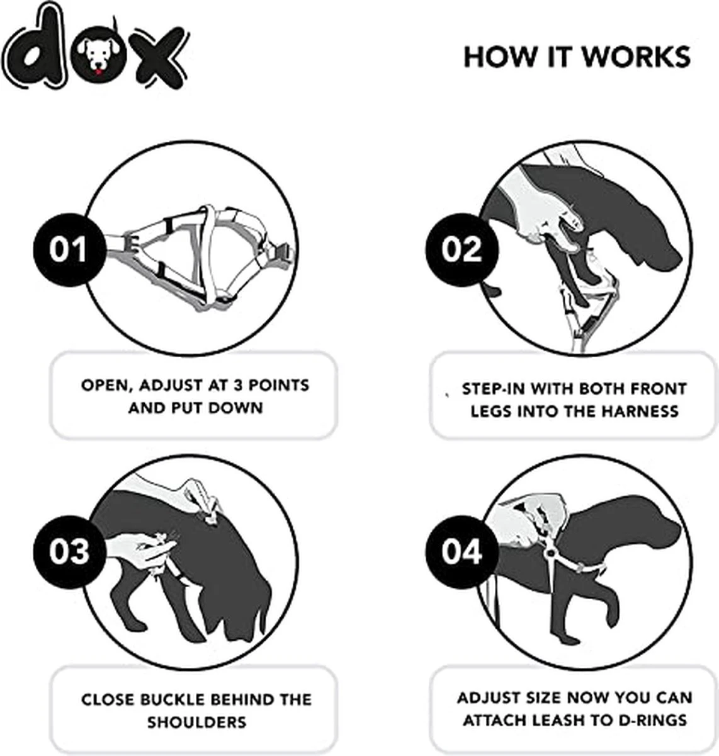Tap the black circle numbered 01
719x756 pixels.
pos(68,249)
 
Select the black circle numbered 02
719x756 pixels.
pos(461,249)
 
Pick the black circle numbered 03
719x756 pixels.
pos(68,551)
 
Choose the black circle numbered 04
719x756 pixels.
pos(461,551)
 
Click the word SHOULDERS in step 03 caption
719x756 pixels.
pos(196,722)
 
